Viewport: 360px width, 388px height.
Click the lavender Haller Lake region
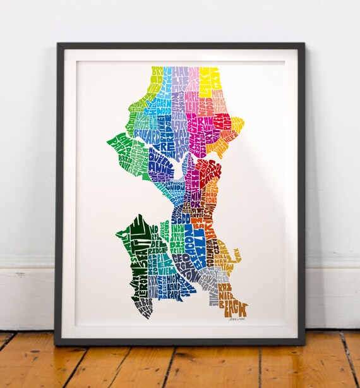point(181,79)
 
